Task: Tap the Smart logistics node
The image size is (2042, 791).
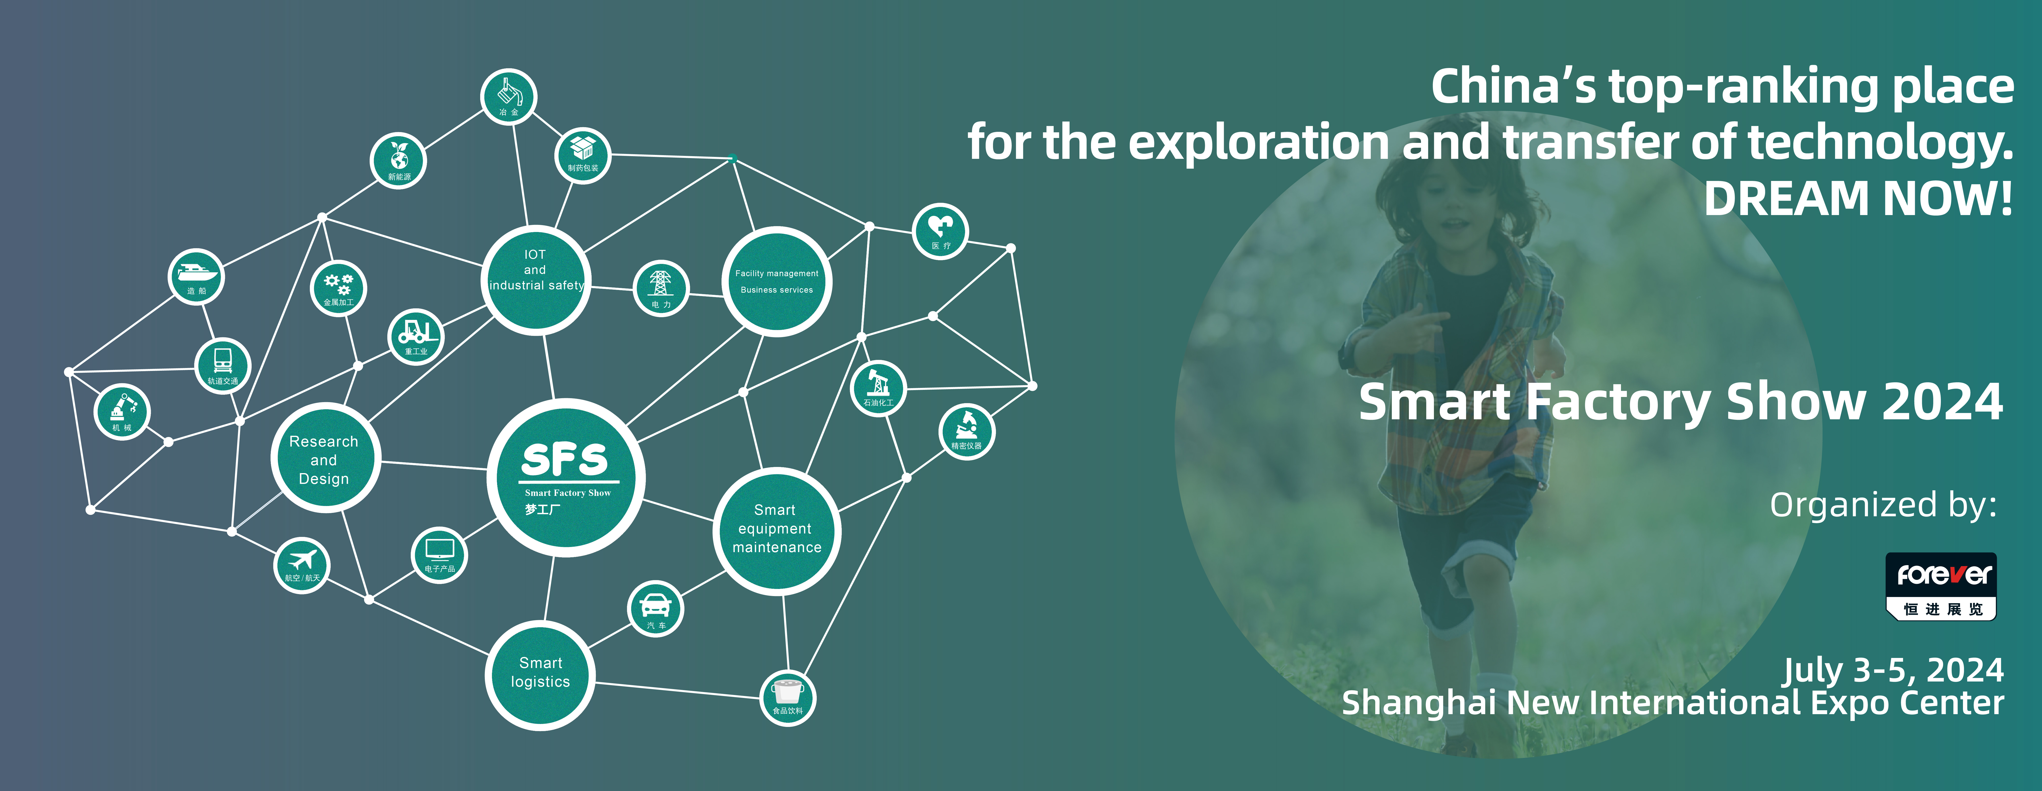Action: coord(540,675)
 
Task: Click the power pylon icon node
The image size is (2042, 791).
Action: coord(661,288)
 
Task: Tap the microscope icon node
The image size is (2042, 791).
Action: coord(966,432)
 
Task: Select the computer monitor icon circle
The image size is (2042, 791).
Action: coord(440,555)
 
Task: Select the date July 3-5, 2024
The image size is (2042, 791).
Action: coord(1894,670)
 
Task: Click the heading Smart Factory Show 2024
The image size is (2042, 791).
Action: coord(1681,402)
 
